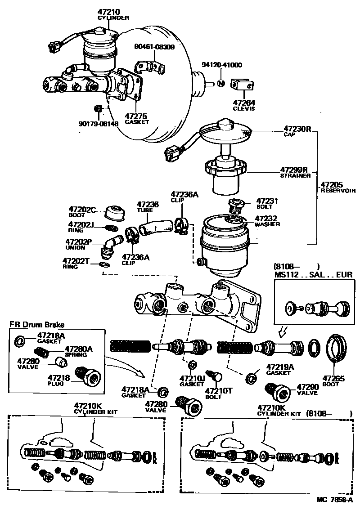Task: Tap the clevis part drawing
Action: [x=242, y=84]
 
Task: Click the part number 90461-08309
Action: [x=154, y=46]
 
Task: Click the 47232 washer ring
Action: [x=234, y=220]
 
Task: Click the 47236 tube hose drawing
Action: [x=155, y=224]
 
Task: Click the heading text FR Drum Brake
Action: [x=37, y=324]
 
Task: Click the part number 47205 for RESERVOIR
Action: [x=332, y=184]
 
